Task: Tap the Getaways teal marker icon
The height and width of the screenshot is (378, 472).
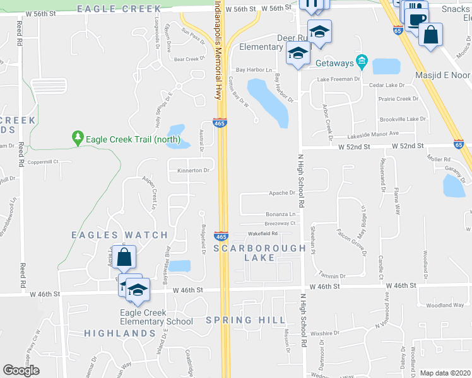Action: [x=362, y=62]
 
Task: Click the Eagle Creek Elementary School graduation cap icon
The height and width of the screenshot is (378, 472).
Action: [x=136, y=290]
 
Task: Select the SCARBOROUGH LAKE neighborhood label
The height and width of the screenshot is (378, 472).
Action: [x=259, y=253]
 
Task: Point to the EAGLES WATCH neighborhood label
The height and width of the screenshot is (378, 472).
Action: [x=119, y=235]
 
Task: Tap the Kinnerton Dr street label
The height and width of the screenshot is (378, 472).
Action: [x=192, y=170]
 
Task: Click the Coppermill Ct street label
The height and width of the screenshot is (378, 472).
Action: [x=44, y=162]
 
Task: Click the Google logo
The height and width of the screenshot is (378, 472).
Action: [x=21, y=370]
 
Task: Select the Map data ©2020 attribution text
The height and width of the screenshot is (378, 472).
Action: [x=444, y=373]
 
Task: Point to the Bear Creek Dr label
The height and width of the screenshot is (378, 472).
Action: [x=187, y=59]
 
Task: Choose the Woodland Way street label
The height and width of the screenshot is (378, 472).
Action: [x=445, y=305]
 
